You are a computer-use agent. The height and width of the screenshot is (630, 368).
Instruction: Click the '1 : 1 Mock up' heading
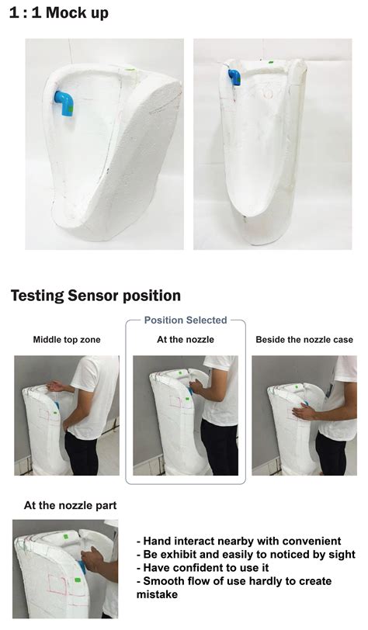pyautogui.click(x=59, y=13)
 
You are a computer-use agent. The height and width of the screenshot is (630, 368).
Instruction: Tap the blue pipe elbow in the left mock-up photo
pyautogui.click(x=64, y=102)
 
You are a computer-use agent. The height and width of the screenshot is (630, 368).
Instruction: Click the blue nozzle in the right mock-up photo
pyautogui.click(x=234, y=77)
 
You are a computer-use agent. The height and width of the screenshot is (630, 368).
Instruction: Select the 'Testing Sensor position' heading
pyautogui.click(x=95, y=296)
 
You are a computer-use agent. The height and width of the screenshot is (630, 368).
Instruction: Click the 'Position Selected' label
pyautogui.click(x=186, y=320)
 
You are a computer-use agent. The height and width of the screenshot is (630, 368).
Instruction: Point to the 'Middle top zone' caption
pyautogui.click(x=67, y=340)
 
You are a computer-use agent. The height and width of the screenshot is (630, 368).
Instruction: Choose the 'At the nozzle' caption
pyautogui.click(x=186, y=340)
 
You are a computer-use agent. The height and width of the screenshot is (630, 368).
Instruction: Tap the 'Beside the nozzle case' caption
pyautogui.click(x=304, y=340)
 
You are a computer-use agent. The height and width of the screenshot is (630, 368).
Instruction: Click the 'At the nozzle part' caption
pyautogui.click(x=71, y=505)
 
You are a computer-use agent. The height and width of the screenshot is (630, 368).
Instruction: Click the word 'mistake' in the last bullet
pyautogui.click(x=158, y=594)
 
